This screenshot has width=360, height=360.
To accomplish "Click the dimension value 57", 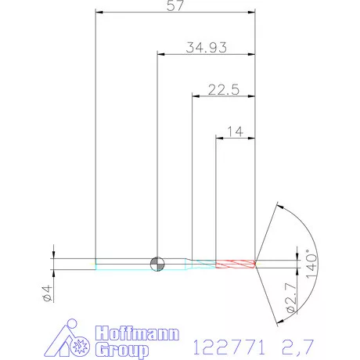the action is tap(175, 5).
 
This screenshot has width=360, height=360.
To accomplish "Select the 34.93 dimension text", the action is tap(207, 48).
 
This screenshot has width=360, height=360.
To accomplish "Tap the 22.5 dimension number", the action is tap(224, 90).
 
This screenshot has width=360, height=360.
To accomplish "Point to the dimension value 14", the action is tap(236, 131).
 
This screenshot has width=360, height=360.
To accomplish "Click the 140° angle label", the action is tap(311, 264).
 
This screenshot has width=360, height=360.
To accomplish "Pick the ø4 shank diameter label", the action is tap(47, 293).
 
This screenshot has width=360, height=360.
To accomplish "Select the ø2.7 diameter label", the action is tap(291, 297).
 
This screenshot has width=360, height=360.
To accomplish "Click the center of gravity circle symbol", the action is tap(157, 264).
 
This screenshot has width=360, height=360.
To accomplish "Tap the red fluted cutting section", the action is tap(236, 264).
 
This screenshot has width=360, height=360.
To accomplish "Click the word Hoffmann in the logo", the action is tap(137, 333).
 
